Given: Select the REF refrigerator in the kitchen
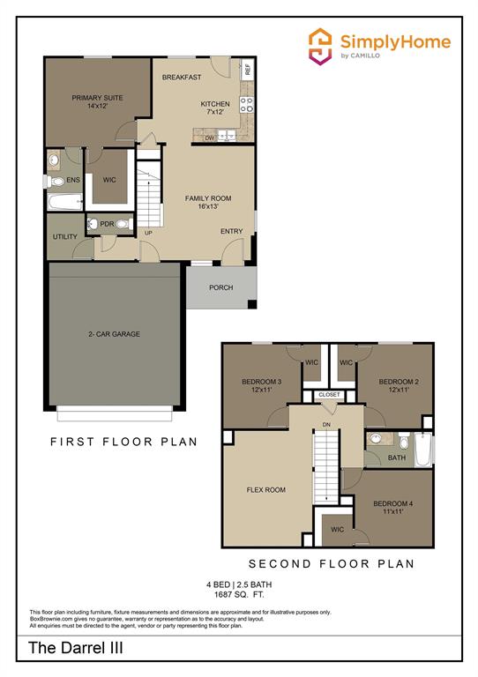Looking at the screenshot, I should point(248,68).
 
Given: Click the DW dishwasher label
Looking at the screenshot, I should point(210,138).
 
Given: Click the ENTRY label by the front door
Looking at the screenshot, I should point(231,232).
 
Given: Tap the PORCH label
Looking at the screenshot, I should point(220,287).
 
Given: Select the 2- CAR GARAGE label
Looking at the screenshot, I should point(114,334).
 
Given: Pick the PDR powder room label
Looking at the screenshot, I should point(107,224).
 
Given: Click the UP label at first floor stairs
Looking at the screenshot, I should point(148,234).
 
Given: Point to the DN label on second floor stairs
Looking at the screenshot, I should point(326,424).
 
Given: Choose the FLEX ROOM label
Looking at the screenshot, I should point(265,489).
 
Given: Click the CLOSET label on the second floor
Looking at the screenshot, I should point(329,394).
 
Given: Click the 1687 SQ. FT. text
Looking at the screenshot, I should point(238,595).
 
